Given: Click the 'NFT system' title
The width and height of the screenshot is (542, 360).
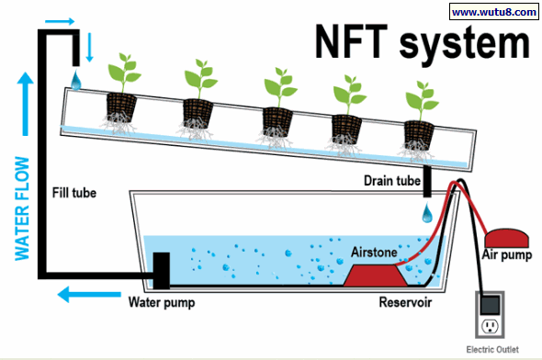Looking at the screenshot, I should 422,44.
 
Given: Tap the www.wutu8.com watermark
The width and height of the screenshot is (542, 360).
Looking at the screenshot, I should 492,12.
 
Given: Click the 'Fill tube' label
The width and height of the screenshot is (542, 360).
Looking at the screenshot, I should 74,193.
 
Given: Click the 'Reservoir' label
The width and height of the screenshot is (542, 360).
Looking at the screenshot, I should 404,300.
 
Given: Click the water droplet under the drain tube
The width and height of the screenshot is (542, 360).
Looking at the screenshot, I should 427,214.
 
